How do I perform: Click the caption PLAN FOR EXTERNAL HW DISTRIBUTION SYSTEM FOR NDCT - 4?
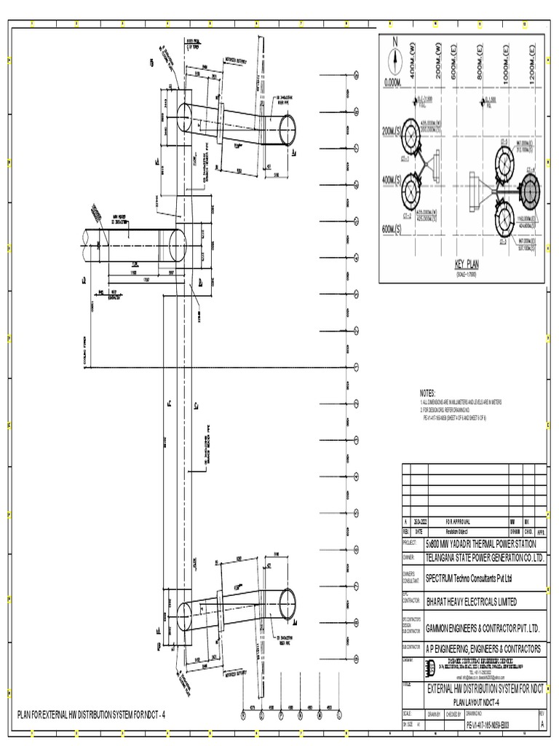coord(92,715)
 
